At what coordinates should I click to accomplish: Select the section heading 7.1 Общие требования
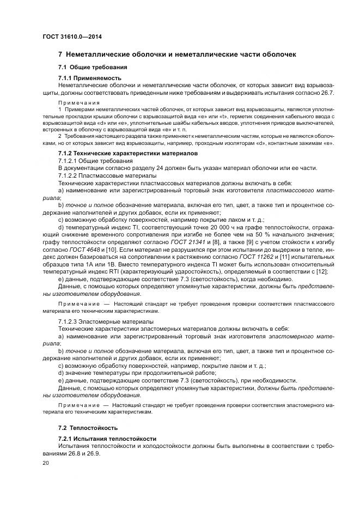click(93, 67)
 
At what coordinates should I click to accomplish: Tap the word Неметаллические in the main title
click(101, 54)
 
